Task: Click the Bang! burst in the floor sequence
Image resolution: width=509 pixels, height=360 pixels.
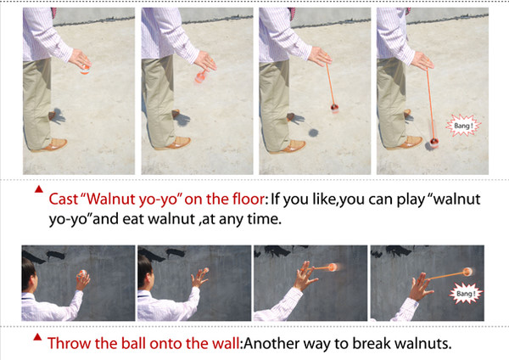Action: coord(463,125)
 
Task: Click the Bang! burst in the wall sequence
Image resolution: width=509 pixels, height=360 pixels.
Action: coord(466,294)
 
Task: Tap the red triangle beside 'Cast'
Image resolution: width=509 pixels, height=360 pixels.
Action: coord(39,188)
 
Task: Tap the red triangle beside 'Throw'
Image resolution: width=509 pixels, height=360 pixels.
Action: coord(37,336)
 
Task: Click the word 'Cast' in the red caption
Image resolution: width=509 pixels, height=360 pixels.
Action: coord(64,199)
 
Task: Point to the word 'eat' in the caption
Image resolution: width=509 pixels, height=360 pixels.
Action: coord(134,219)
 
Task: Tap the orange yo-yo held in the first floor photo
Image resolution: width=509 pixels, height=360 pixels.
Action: coord(85,70)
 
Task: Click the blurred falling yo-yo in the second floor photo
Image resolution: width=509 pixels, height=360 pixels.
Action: coord(199,77)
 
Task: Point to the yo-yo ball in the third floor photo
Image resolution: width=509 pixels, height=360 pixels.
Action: coord(334,107)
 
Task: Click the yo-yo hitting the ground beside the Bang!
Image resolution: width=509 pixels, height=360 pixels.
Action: coord(434,142)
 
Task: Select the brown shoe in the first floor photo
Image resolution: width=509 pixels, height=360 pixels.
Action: coord(51,145)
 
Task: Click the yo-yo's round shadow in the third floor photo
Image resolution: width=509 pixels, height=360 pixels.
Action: coord(314,132)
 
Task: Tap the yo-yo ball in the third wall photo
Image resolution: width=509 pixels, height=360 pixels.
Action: coord(333,267)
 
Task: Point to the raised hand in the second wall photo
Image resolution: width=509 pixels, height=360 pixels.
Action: coord(199,278)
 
